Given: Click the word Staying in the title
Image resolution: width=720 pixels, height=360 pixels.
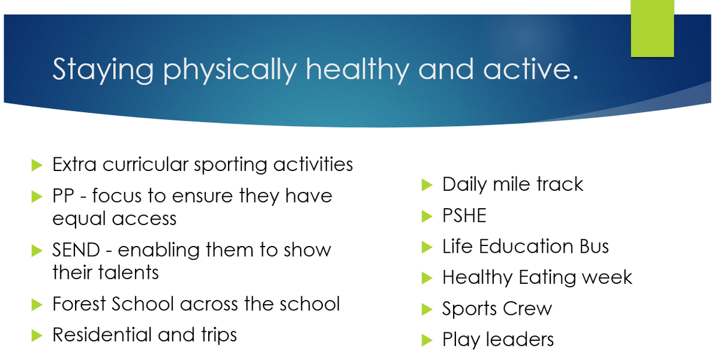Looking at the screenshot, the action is tap(103, 70).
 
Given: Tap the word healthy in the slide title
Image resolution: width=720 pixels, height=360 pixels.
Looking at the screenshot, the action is tap(358, 70).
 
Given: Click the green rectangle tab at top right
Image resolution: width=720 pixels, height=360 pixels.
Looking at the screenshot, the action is tap(652, 28).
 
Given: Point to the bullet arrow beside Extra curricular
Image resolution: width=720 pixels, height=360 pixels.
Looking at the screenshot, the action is tap(37, 165).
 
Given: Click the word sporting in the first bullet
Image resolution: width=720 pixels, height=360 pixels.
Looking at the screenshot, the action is tap(230, 166).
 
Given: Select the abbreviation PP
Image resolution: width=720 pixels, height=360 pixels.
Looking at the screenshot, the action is tap(64, 196).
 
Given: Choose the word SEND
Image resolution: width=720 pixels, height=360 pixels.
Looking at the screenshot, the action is tap(76, 250).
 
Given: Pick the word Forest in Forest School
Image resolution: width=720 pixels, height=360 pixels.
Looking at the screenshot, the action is tap(79, 304).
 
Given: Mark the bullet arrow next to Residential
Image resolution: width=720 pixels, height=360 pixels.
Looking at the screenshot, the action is tap(37, 335).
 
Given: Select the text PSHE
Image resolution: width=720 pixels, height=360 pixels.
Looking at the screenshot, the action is tap(464, 215).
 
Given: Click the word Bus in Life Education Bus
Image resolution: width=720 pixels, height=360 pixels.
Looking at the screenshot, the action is tap(594, 246).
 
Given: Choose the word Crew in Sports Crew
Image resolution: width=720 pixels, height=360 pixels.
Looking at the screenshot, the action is tap(527, 308).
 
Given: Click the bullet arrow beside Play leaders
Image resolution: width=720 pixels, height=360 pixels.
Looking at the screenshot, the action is tap(427, 340).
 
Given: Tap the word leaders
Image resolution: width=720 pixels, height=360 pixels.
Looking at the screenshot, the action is tap(520, 340).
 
